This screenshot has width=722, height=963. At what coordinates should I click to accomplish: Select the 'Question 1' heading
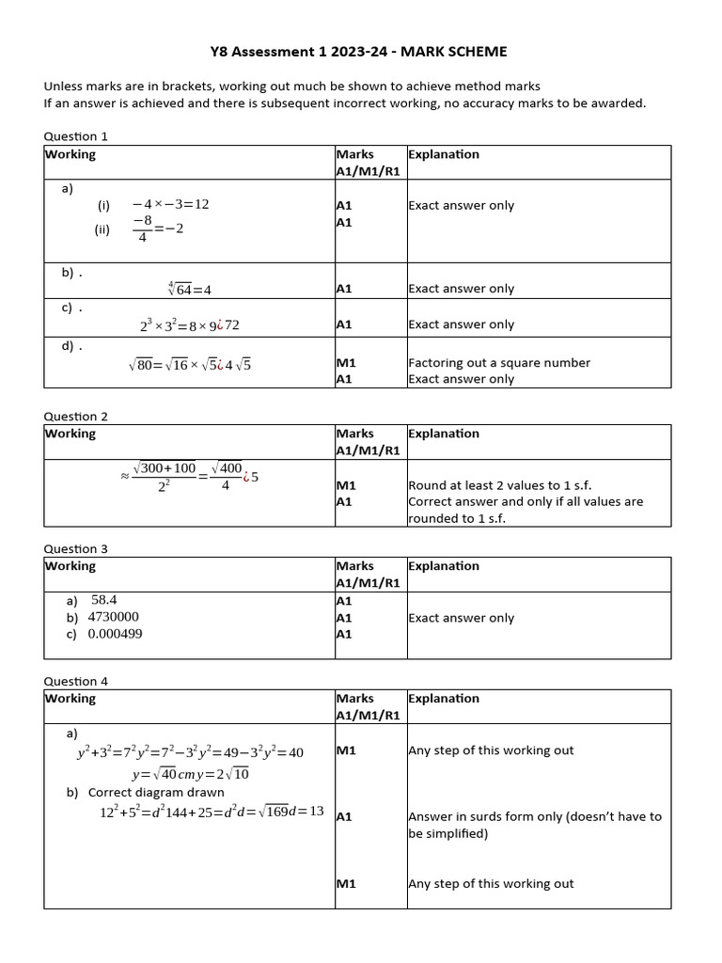pyautogui.click(x=76, y=136)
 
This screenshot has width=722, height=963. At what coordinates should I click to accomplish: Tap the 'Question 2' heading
pyautogui.click(x=76, y=416)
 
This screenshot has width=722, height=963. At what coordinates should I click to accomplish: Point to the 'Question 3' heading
pyautogui.click(x=76, y=548)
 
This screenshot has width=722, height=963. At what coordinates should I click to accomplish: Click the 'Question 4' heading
pyautogui.click(x=76, y=681)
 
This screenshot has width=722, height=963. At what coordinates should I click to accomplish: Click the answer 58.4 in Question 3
pyautogui.click(x=103, y=599)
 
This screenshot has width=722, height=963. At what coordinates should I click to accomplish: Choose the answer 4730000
pyautogui.click(x=113, y=617)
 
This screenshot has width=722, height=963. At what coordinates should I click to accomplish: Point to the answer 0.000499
pyautogui.click(x=115, y=634)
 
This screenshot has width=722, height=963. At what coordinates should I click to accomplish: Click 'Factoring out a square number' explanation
pyautogui.click(x=498, y=362)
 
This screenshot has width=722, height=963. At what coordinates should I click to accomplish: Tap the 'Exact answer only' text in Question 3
pyautogui.click(x=461, y=618)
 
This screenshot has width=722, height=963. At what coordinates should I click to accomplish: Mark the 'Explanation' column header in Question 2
pyautogui.click(x=443, y=434)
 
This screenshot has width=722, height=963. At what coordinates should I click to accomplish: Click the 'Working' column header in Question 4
pyautogui.click(x=71, y=699)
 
